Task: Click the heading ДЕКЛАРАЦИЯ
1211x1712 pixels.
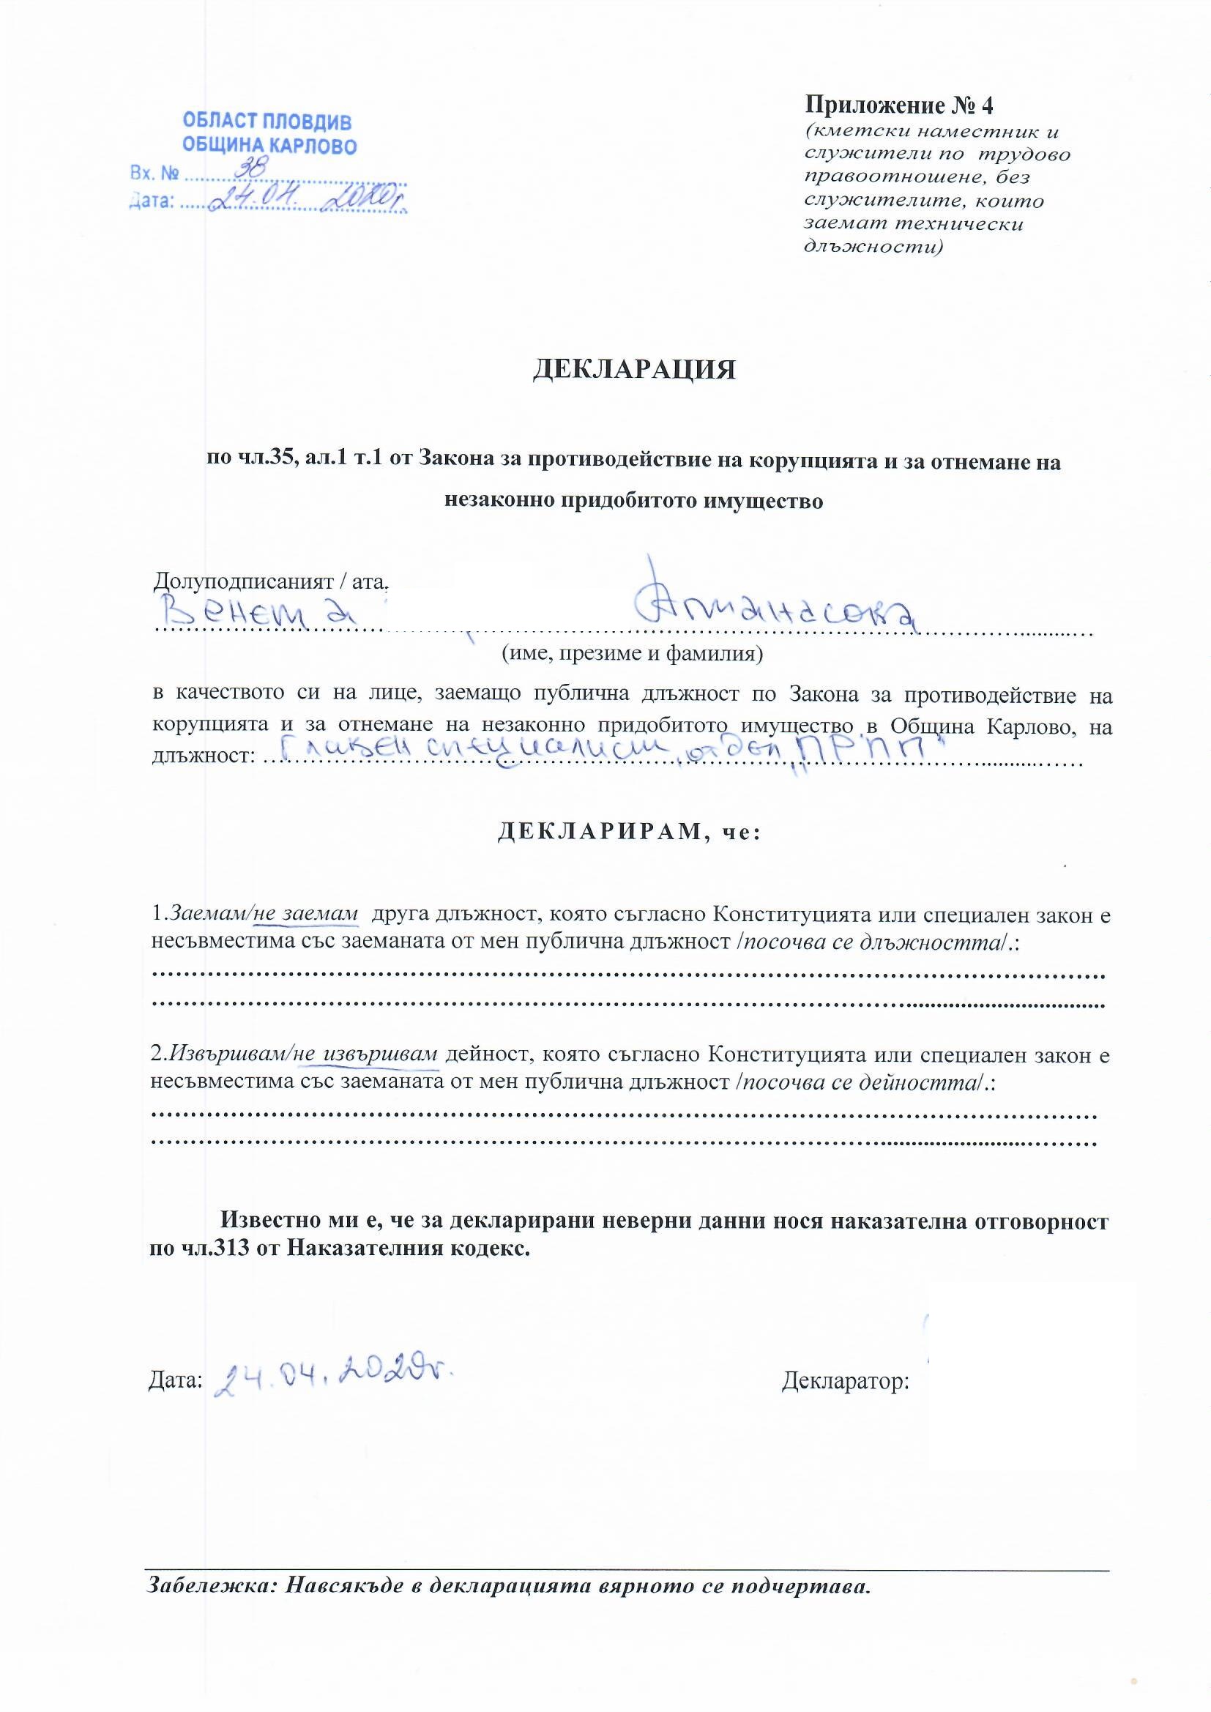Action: point(634,370)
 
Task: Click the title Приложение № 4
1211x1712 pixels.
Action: point(898,105)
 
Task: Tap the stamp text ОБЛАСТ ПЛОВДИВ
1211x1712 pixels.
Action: point(267,121)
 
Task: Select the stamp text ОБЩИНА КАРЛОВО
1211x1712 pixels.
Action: point(270,145)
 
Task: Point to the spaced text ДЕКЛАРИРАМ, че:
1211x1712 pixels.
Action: point(628,832)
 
